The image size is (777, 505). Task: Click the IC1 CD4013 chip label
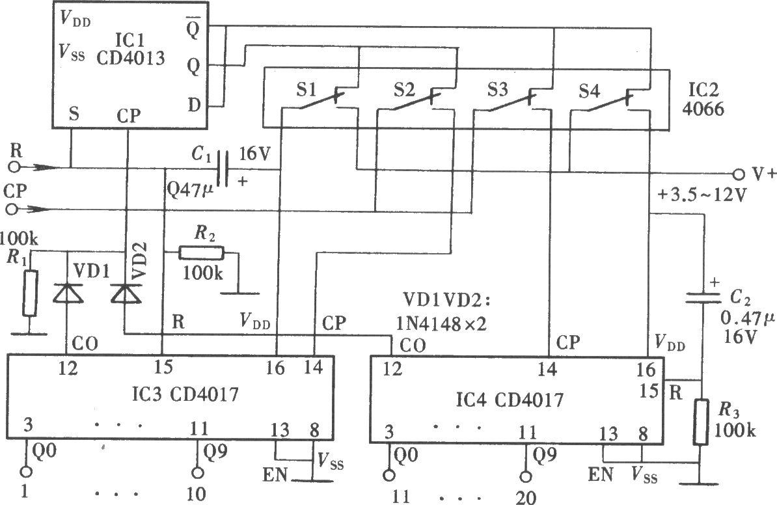pyautogui.click(x=130, y=49)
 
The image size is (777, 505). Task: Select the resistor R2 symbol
pyautogui.click(x=201, y=253)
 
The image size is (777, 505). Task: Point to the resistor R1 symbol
pyautogui.click(x=30, y=293)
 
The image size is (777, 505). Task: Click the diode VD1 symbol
pyautogui.click(x=68, y=293)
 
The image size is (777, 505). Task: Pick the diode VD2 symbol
pyautogui.click(x=126, y=293)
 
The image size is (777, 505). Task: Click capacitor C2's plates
pyautogui.click(x=702, y=297)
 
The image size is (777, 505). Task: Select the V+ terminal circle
pyautogui.click(x=739, y=174)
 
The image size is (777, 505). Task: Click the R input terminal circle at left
pyautogui.click(x=16, y=167)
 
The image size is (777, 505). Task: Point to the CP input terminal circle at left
pyautogui.click(x=12, y=210)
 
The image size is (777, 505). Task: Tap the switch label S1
pyautogui.click(x=307, y=90)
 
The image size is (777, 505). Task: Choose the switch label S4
pyautogui.click(x=589, y=91)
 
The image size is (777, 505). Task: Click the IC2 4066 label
pyautogui.click(x=703, y=99)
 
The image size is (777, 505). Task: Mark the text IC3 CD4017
pyautogui.click(x=185, y=394)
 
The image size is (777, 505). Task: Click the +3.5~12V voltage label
pyautogui.click(x=701, y=195)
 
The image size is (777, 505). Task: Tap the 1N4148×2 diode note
pyautogui.click(x=441, y=324)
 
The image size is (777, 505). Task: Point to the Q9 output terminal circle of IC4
pyautogui.click(x=526, y=476)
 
